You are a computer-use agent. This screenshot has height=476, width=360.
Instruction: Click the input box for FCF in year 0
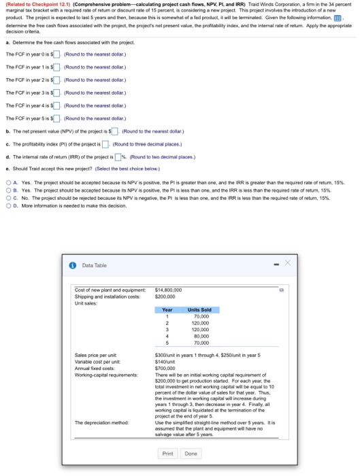pyautogui.click(x=59, y=54)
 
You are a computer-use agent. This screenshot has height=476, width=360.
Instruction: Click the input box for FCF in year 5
pyautogui.click(x=59, y=120)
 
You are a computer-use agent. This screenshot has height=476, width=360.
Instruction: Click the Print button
pyautogui.click(x=167, y=453)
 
